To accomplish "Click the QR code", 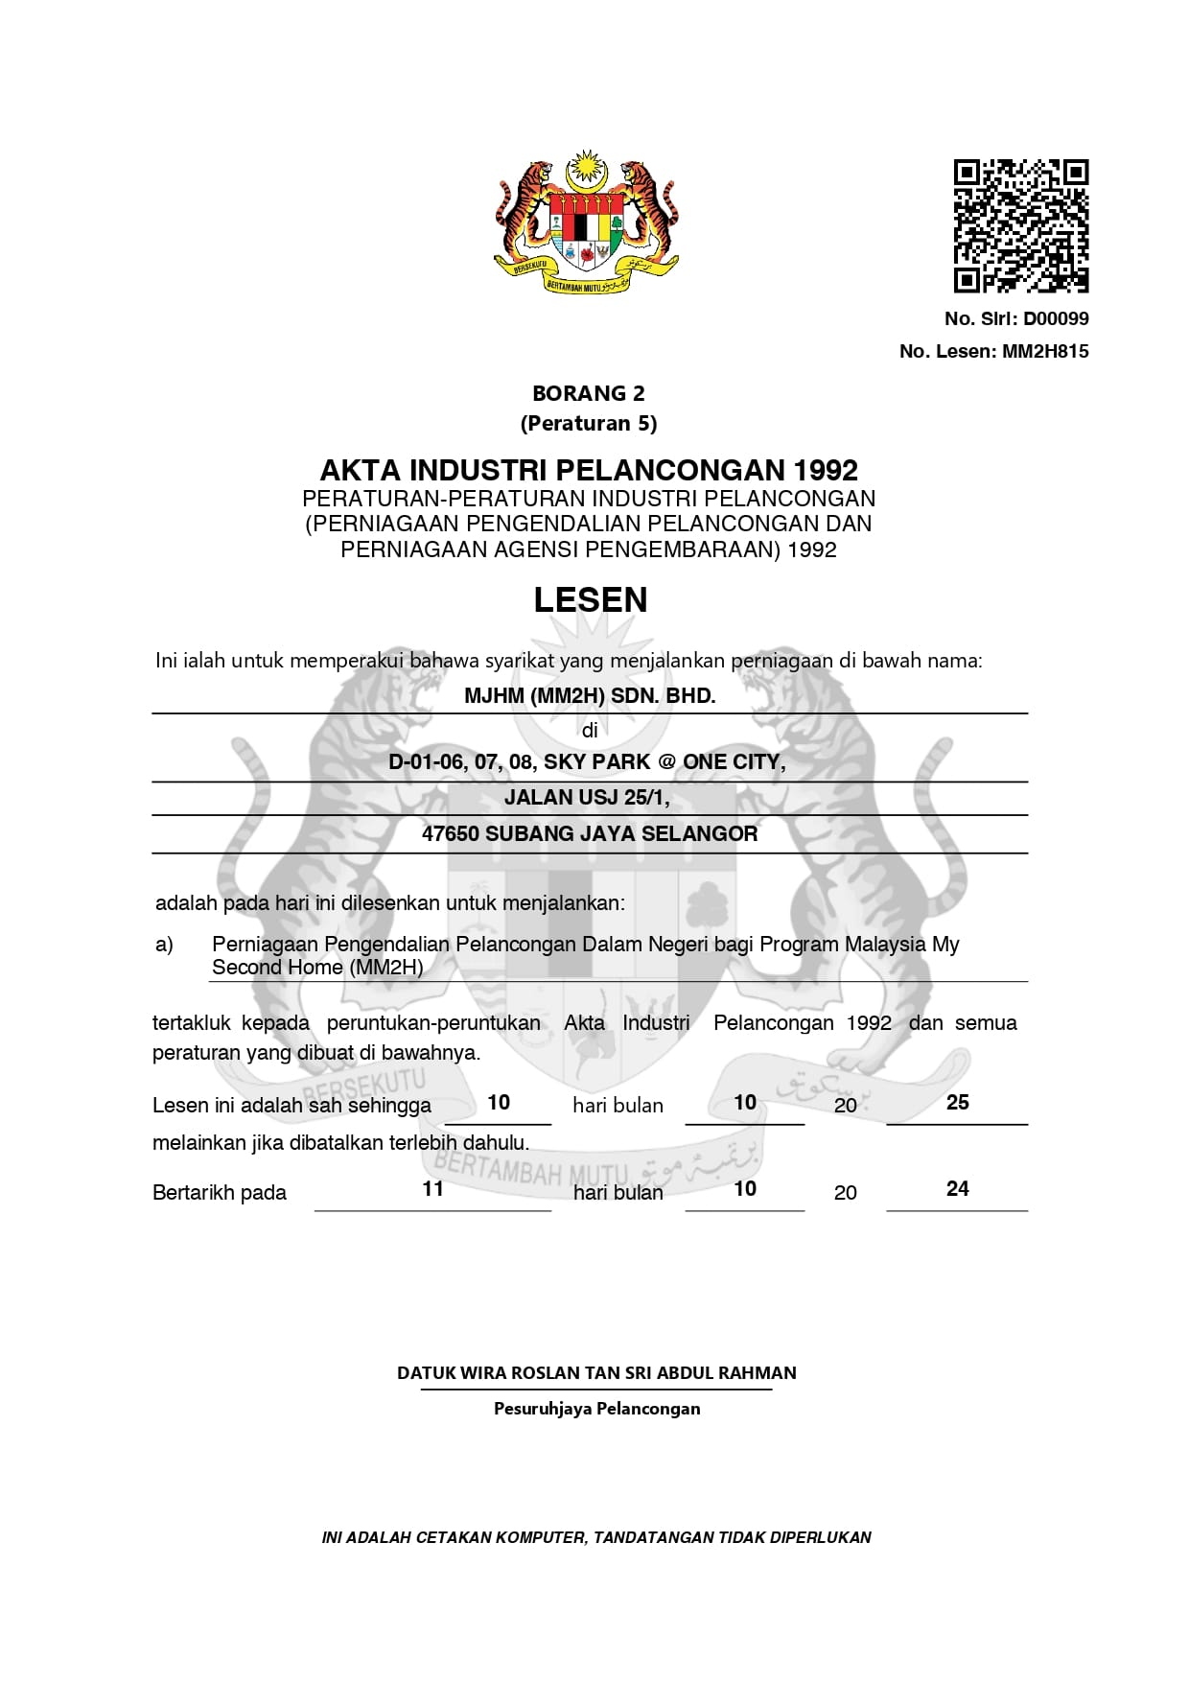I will (1020, 225).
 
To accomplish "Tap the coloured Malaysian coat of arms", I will (586, 222).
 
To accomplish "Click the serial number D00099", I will (1055, 318).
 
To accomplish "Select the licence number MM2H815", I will (1045, 351).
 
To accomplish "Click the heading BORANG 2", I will (588, 393).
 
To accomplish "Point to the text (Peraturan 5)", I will (588, 423).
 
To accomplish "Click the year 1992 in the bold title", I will (826, 470).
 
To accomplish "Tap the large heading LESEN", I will (590, 599).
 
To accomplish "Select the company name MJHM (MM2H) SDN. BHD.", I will (590, 696).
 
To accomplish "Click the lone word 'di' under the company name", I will (590, 731).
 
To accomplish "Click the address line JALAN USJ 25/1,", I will (587, 798).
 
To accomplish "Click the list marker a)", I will (164, 945).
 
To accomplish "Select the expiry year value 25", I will (957, 1103).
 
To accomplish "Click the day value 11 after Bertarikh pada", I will (432, 1189).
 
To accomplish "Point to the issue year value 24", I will (957, 1189).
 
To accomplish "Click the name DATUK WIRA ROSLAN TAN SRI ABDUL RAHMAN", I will (596, 1372).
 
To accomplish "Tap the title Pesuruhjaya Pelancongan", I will (596, 1409).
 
